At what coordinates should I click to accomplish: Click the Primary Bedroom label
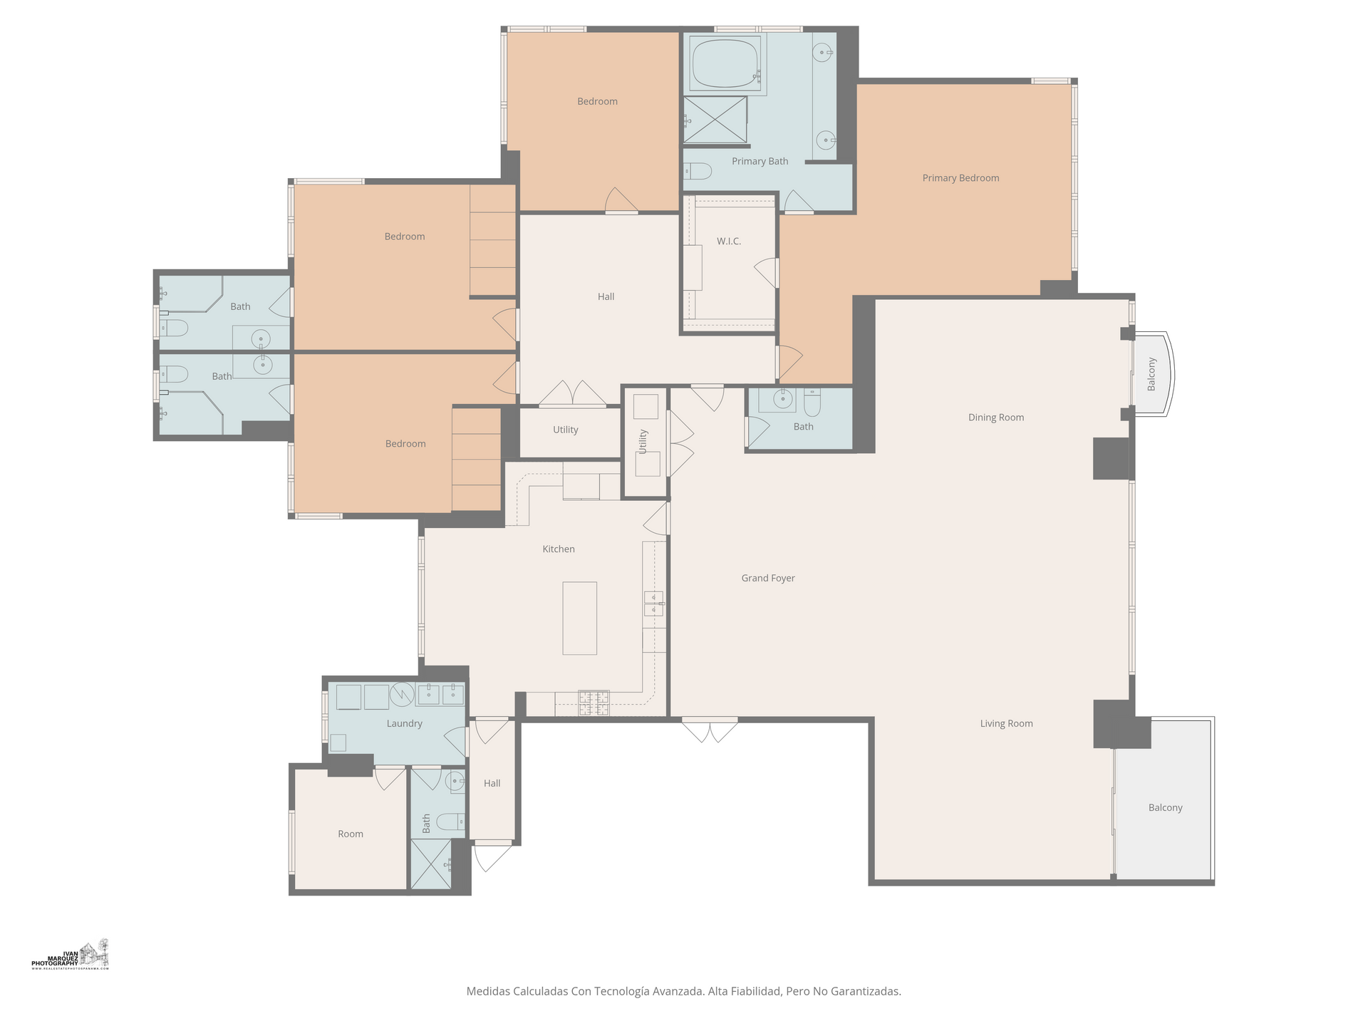coord(960,178)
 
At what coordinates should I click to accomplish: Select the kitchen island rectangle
coord(579,618)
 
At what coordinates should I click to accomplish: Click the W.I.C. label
coord(729,242)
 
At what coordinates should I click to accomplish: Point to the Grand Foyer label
coord(767,578)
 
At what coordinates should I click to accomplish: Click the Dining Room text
coord(995,418)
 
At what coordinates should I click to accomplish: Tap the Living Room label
coord(1006,723)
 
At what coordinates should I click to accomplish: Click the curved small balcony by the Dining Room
coord(1152,374)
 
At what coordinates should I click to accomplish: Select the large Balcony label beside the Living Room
coord(1165,807)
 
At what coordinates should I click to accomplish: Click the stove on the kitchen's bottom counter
coord(594,703)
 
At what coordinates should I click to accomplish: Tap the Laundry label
coord(404,723)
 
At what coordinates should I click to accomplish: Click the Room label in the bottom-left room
coord(350,834)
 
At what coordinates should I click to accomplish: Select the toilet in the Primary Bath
coord(698,171)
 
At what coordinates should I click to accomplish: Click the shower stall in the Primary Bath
coord(715,119)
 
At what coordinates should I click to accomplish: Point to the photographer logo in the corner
coord(71,955)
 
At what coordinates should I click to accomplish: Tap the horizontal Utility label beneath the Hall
coord(565,430)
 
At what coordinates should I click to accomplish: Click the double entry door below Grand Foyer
coord(710,730)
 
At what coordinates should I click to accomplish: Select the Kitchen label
coord(558,549)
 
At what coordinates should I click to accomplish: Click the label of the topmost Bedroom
coord(597,101)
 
